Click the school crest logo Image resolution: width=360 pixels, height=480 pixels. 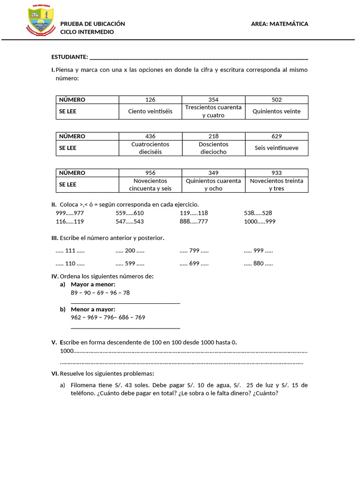[41, 21]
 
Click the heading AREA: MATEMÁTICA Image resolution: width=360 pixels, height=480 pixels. [279, 24]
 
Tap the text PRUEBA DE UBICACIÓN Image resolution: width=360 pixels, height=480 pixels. [92, 24]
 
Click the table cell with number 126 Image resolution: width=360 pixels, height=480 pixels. [150, 100]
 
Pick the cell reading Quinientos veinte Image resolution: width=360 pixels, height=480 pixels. [277, 112]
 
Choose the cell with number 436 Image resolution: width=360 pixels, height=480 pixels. [150, 136]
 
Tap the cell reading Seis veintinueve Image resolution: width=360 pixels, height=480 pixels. [277, 148]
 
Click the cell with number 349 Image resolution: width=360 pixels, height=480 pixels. [213, 173]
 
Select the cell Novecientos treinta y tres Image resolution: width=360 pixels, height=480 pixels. [277, 185]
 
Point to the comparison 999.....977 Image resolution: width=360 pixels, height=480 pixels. [70, 213]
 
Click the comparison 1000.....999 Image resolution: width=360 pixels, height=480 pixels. [260, 222]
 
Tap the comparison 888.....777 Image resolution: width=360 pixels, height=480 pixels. [194, 222]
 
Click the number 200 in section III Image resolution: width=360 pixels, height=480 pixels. [130, 251]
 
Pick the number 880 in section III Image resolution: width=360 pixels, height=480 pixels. [258, 263]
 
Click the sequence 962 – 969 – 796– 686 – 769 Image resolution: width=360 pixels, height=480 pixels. [108, 317]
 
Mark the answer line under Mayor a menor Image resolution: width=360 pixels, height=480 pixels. [125, 303]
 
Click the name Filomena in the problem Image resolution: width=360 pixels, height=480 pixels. [83, 385]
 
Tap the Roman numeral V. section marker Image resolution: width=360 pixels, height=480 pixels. [54, 342]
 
